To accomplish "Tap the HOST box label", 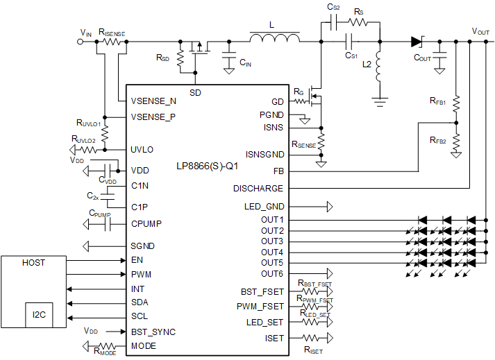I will pos(33,263).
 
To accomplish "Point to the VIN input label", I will pos(85,33).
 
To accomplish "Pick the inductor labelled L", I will pos(276,38).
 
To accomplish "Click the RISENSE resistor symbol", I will pos(112,42).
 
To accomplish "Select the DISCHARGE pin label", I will pos(258,188).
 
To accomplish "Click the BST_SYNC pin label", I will pos(153,332).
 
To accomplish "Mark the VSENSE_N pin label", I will pos(153,101).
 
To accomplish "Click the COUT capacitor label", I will pos(422,58).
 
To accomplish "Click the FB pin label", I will pos(277,171).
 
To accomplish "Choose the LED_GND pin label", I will pos(264,207).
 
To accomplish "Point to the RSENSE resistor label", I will pos(303,144).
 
